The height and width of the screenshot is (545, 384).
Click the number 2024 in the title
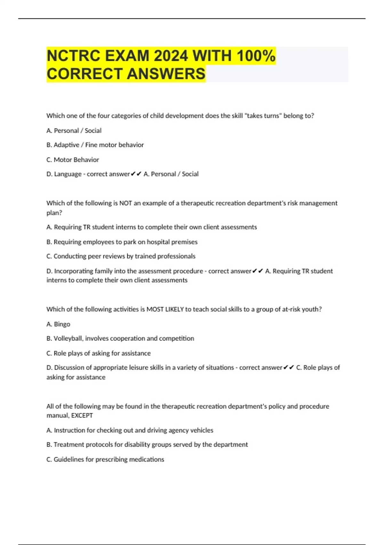coord(171,56)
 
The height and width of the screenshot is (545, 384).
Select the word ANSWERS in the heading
coord(166,74)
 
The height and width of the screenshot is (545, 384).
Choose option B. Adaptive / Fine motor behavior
coord(95,145)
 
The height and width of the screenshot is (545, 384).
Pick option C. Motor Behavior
coord(73,160)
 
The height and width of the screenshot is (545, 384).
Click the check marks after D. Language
coord(136,174)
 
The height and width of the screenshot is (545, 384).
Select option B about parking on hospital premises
coord(122,242)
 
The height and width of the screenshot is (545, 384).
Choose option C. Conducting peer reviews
coord(121,256)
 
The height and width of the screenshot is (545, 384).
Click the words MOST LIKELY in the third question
coord(165,309)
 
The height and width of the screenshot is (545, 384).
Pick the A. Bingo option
coord(58,324)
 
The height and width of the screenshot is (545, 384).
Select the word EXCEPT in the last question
coord(82,415)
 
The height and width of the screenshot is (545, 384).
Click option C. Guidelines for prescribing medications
coord(105,459)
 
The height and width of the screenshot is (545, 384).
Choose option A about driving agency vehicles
coord(130,430)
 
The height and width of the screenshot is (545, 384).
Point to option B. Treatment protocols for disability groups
coord(147,445)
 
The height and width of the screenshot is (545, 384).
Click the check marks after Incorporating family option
coord(258,271)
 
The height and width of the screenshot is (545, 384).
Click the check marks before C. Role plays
coord(289,368)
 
